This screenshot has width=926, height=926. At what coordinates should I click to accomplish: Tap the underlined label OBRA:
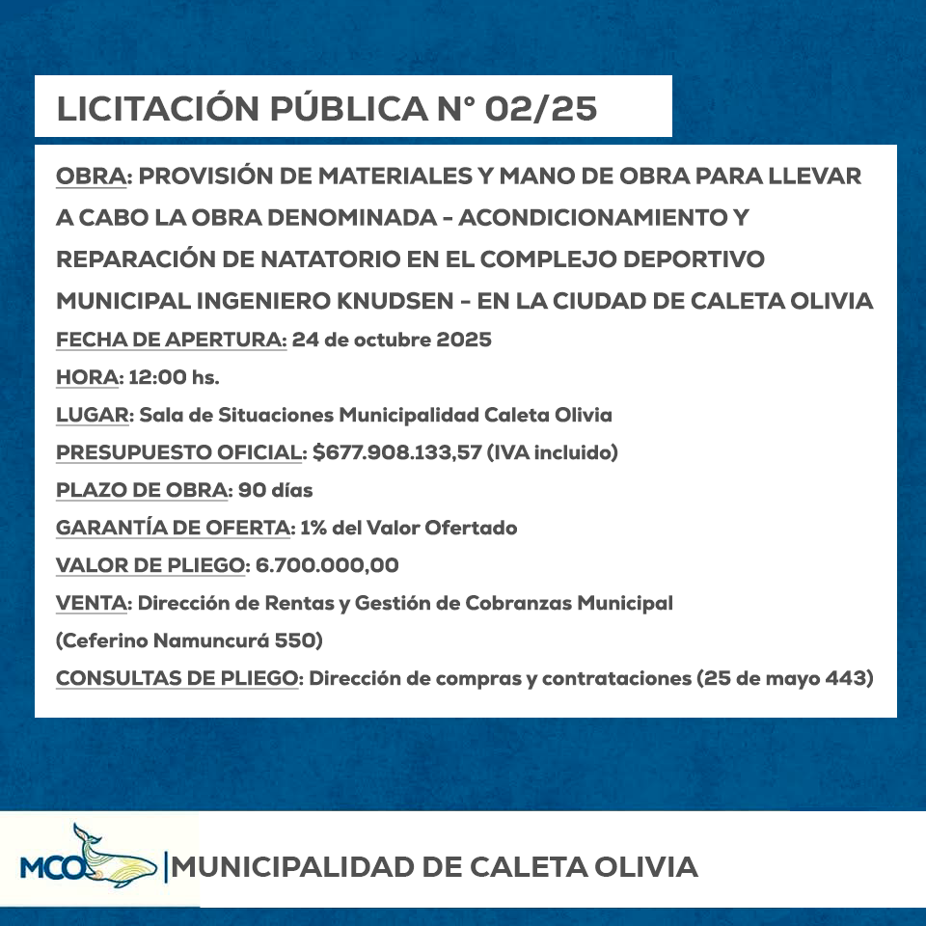94,177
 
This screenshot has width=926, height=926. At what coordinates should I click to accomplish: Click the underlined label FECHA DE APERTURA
171,340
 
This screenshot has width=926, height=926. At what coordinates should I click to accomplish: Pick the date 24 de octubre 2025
392,340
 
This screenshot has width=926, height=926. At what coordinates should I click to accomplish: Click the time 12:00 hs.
175,377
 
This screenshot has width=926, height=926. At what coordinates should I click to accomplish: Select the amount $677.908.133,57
397,452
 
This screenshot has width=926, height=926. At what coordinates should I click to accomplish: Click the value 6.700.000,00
328,565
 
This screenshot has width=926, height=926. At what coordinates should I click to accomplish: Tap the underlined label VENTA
93,603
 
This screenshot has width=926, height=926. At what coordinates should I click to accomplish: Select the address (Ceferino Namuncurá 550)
189,640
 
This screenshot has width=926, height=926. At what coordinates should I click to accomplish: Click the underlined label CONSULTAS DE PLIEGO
178,678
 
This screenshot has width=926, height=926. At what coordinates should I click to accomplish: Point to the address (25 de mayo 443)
784,678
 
